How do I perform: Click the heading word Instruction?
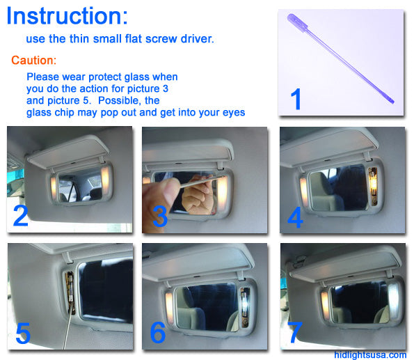pos(67,16)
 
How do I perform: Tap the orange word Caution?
pos(33,61)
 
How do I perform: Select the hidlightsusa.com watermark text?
pos(370,354)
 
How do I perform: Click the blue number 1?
pos(296,99)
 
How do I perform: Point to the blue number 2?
pos(21,215)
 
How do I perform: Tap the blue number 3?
pos(160,217)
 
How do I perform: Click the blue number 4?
pos(295,217)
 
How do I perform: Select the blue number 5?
pos(23,334)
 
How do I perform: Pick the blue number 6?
pos(158,332)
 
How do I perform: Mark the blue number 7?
pos(294,332)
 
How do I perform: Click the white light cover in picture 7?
pos(394,302)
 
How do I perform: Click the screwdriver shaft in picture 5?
pos(67,330)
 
